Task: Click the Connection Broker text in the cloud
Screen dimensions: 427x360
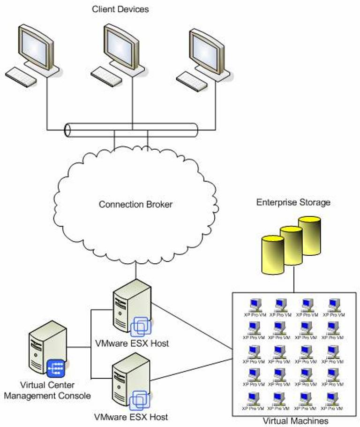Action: [135, 205]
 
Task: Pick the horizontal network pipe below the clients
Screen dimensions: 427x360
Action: [131, 130]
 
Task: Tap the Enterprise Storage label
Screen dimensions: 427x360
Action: [293, 203]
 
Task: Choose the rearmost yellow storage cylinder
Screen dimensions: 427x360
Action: [309, 236]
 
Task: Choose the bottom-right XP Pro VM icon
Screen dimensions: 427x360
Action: [335, 398]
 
